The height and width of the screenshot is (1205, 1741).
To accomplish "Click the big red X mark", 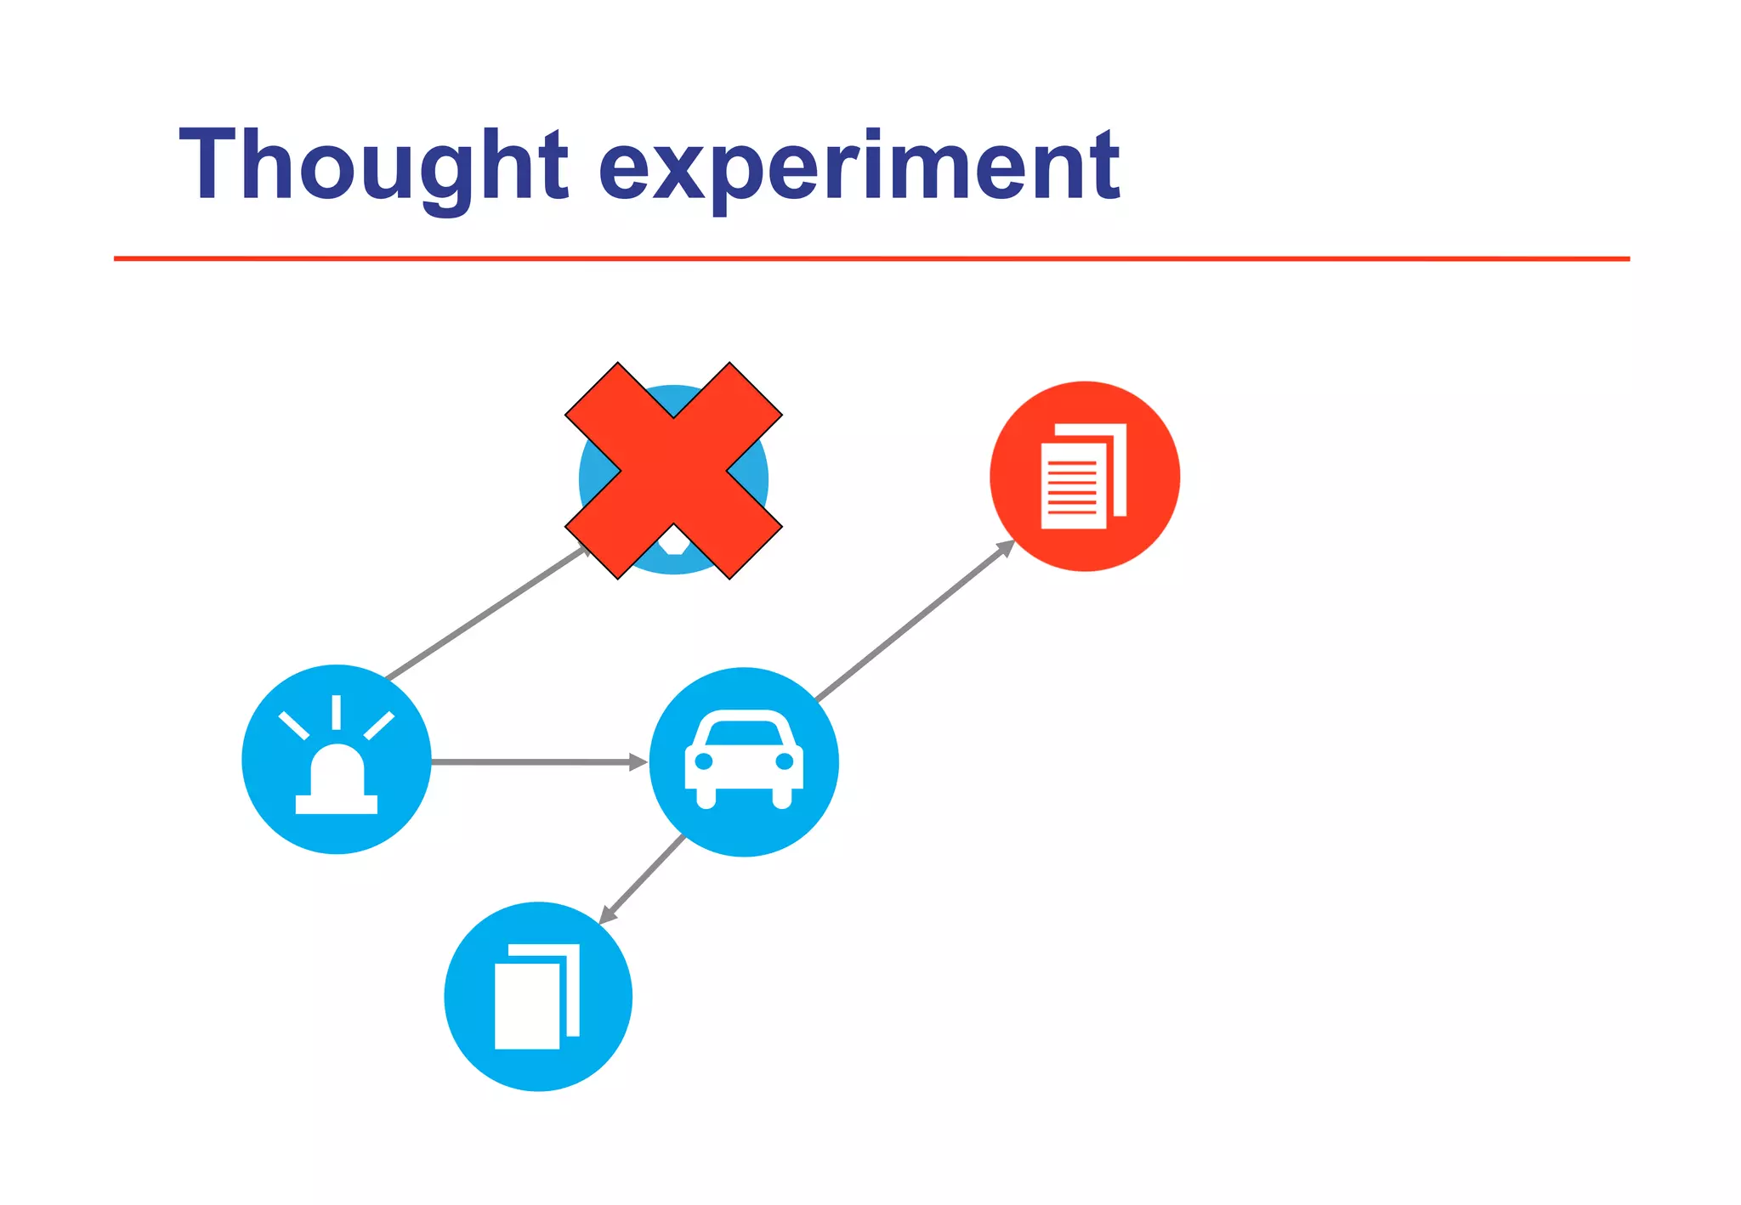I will tap(673, 471).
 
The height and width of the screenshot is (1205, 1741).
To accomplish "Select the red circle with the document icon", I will tap(1085, 476).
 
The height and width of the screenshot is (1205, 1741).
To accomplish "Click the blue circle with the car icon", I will tap(744, 762).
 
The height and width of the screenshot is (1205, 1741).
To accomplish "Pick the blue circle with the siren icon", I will tap(337, 759).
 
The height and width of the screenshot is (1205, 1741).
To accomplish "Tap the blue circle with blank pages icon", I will tap(538, 996).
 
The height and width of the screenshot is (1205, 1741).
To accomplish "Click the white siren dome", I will tap(337, 769).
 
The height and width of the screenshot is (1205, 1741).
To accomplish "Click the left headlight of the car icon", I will tap(704, 761).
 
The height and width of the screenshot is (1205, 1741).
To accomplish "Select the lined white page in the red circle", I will tap(1073, 485).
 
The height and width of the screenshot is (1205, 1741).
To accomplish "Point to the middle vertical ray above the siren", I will tap(337, 712).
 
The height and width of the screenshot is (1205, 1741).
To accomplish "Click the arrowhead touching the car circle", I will tap(638, 762).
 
